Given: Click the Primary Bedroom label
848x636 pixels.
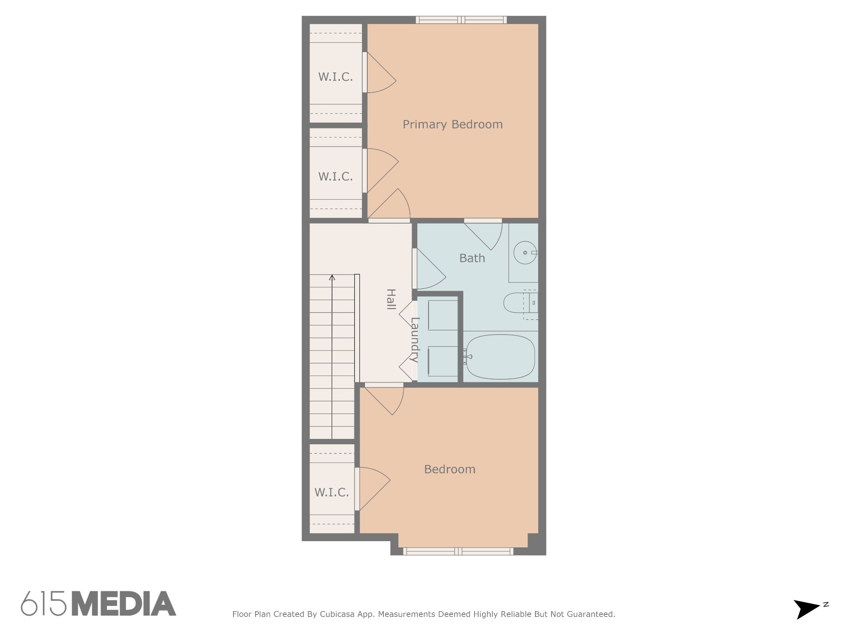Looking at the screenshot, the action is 453,125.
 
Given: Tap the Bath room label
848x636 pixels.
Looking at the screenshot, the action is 472,258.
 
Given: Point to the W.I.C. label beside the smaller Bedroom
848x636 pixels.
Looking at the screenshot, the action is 332,492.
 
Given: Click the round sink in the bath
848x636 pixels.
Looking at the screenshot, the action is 525,253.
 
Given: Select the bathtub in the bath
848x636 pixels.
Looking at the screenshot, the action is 501,357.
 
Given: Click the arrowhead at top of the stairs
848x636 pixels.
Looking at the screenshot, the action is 332,277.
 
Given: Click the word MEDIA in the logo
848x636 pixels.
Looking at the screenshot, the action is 124,603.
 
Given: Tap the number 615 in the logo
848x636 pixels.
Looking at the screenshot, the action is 44,603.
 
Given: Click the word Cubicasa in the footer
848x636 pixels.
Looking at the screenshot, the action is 337,614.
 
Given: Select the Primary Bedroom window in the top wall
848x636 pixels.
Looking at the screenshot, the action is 461,20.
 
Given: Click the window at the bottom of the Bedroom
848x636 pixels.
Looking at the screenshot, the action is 458,551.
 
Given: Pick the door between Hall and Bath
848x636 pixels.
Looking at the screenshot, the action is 429,269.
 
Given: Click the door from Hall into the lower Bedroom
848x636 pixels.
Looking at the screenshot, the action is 384,399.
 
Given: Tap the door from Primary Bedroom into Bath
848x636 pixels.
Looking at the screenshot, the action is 483,234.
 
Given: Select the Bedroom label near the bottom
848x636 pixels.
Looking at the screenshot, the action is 450,470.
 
